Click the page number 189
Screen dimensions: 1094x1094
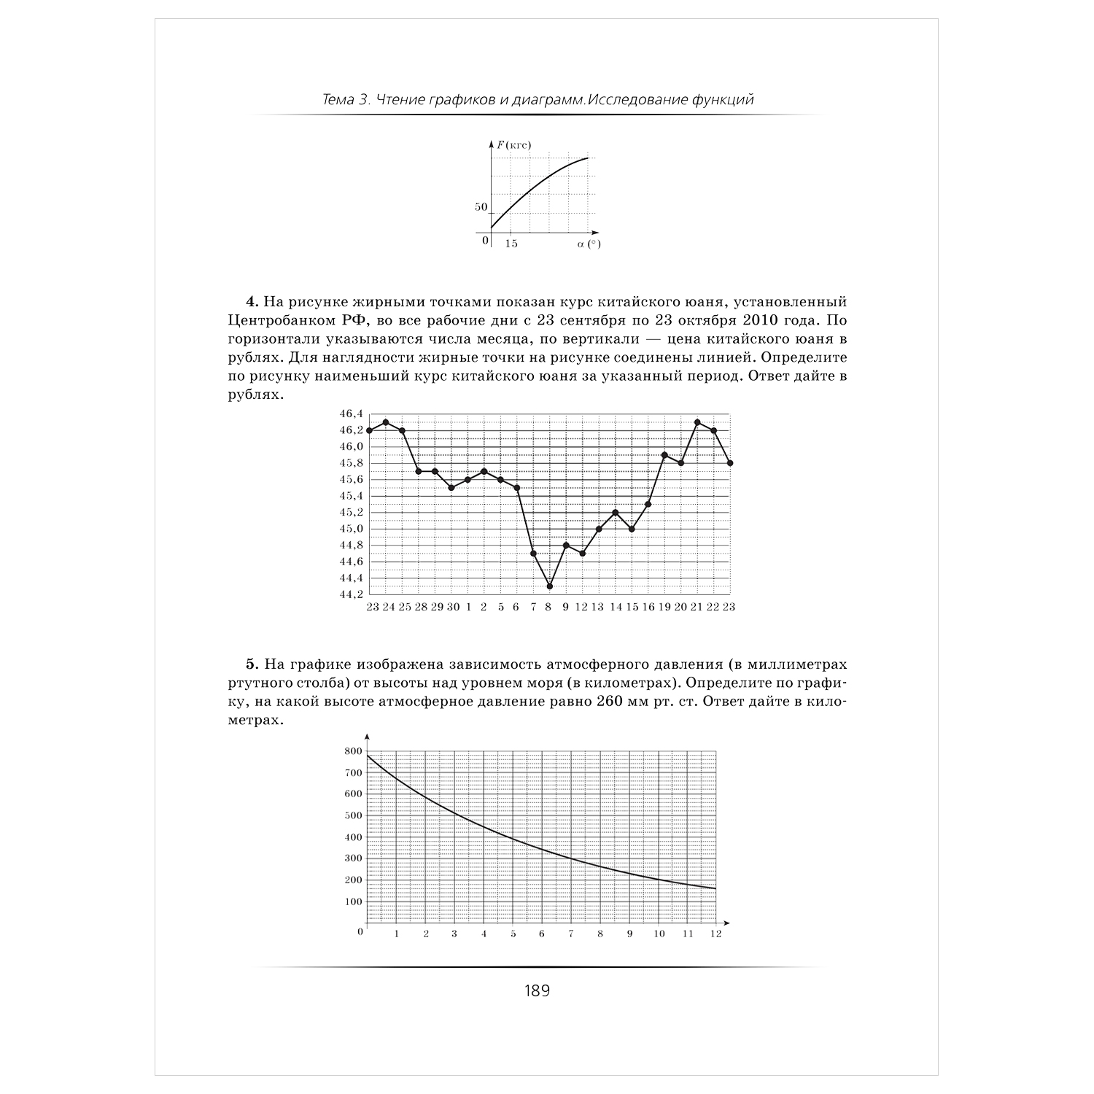(537, 990)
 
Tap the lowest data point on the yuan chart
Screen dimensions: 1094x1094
(549, 586)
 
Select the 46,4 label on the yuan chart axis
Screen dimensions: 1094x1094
(351, 414)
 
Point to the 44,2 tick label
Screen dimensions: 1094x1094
(351, 594)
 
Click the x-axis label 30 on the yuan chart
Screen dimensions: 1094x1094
(452, 608)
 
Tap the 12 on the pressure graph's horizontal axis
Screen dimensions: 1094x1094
(715, 934)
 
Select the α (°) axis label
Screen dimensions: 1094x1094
(589, 244)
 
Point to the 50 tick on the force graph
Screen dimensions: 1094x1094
(481, 207)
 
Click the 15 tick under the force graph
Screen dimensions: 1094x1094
(511, 244)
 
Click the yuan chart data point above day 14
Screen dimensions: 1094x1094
(616, 513)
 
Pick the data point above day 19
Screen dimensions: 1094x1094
(664, 455)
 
